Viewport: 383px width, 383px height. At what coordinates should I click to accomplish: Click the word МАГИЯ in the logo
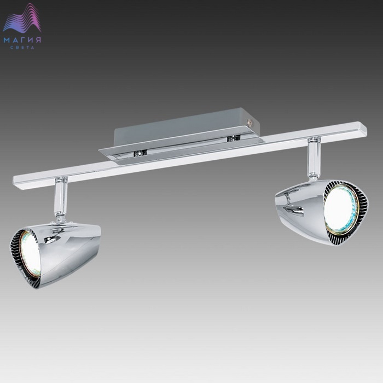tap(22, 40)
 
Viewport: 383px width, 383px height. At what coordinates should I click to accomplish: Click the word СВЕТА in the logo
tap(22, 48)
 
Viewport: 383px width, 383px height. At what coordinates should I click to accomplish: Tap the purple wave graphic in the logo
tap(22, 18)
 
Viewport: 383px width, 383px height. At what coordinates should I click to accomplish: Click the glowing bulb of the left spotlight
tap(30, 254)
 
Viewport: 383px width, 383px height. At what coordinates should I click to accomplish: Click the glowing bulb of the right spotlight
tap(340, 210)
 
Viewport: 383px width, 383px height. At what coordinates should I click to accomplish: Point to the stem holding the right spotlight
tap(314, 159)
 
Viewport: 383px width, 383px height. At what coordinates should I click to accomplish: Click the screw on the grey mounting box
tap(249, 121)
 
